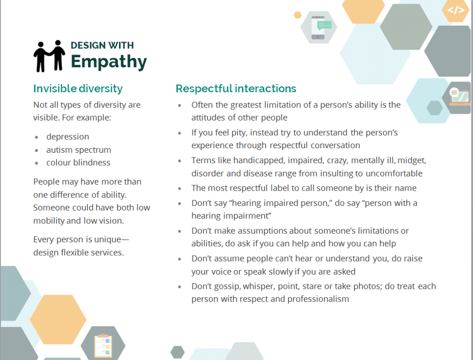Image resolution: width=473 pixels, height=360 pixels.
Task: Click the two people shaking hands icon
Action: (x=49, y=56)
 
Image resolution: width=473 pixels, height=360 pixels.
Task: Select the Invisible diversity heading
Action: (x=78, y=89)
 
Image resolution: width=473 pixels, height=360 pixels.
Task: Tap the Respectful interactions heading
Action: (x=236, y=89)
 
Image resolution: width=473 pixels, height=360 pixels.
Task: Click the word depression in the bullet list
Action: (x=67, y=137)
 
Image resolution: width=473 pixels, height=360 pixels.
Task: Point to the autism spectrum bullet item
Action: (x=79, y=150)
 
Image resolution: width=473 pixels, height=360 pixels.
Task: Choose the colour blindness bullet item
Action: (x=78, y=162)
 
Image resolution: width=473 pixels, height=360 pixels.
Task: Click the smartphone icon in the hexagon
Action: (x=319, y=27)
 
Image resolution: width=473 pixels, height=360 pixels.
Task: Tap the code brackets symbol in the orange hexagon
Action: (x=456, y=10)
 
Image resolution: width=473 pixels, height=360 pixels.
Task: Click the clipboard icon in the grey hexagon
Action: (x=103, y=345)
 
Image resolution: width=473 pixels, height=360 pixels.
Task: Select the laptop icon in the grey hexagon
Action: (x=459, y=97)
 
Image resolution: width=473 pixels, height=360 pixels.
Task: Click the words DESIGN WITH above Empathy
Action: (x=102, y=46)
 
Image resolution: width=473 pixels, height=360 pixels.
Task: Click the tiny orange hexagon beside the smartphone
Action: (x=298, y=15)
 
